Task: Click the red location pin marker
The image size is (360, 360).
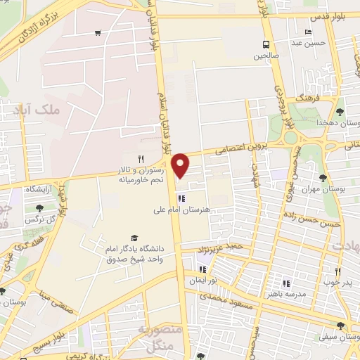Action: [x=181, y=165]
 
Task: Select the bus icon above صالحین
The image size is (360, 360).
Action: [x=267, y=43]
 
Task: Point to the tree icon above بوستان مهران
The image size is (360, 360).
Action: [x=323, y=179]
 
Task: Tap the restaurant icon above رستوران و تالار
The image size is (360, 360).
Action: [x=141, y=159]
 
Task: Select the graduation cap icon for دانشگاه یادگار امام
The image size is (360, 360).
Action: [x=134, y=239]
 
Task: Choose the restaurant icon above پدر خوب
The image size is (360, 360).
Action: [x=337, y=271]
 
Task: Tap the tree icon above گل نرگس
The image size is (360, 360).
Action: [x=39, y=207]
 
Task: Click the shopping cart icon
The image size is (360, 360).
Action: [x=98, y=33]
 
